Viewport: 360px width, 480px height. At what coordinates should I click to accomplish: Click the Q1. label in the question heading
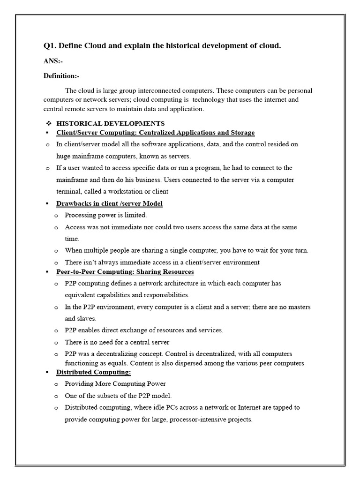50,45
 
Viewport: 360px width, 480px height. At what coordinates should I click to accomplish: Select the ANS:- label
52,61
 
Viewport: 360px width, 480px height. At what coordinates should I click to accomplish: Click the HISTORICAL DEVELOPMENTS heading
110,124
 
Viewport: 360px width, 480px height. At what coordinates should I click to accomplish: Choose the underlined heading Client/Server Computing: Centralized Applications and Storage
155,133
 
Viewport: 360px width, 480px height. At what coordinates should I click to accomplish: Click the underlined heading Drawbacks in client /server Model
109,203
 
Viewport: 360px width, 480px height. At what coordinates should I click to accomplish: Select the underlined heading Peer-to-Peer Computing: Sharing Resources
125,271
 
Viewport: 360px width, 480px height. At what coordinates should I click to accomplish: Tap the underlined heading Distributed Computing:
94,372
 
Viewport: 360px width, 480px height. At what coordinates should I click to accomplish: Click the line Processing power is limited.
105,215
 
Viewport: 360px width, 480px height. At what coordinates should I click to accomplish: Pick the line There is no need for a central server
117,342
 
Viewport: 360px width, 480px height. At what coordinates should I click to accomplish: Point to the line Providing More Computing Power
115,384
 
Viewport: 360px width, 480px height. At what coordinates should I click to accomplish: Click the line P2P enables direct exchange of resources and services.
144,330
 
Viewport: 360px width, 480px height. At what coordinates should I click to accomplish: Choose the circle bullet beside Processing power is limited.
56,216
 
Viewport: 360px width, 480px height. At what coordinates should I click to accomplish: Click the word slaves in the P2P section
89,318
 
